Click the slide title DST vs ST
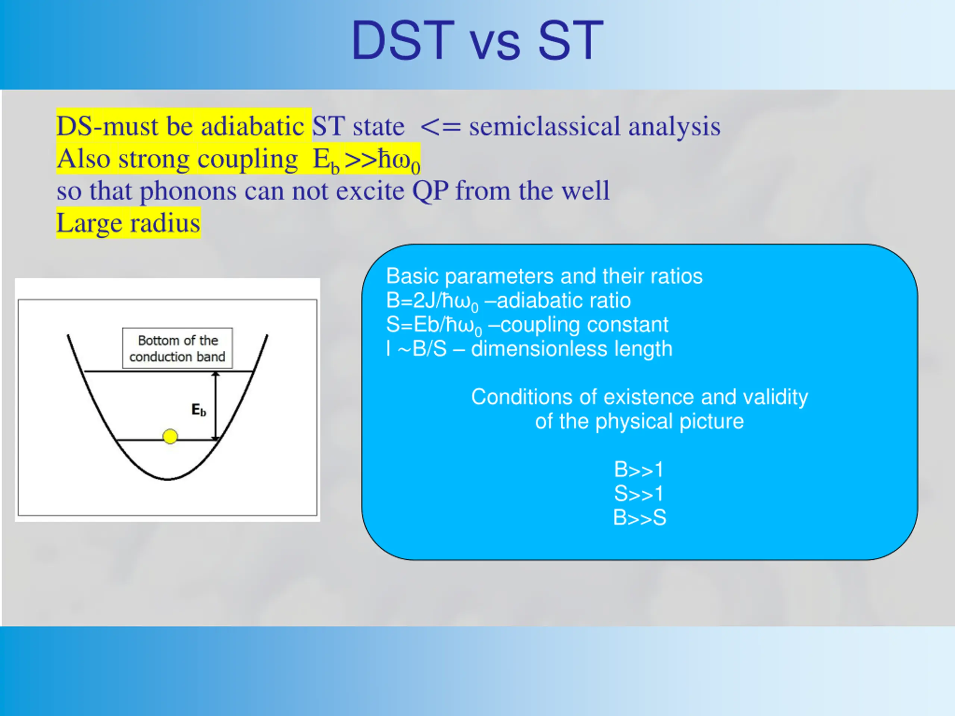477,41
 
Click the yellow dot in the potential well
170,436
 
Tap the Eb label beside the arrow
198,409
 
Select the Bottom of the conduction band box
178,348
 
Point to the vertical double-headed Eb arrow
216,406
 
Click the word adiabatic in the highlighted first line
253,126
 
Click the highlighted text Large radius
128,223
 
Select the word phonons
188,191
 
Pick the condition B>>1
639,469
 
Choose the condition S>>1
639,494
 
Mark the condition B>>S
640,518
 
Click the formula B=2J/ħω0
432,301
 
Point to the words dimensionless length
572,349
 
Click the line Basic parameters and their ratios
544,276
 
